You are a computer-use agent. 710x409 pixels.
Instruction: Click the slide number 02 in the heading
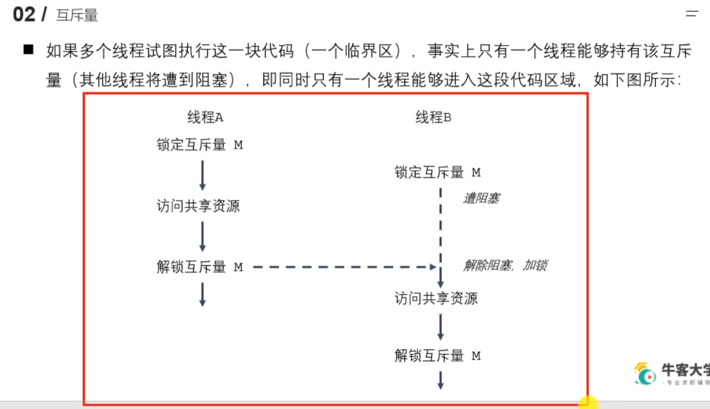pos(24,14)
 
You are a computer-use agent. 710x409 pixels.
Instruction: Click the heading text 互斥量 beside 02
pos(77,16)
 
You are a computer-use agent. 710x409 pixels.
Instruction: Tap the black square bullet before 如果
pos(28,49)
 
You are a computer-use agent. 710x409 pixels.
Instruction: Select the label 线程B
pos(434,117)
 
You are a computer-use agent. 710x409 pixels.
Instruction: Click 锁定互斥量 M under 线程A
pos(199,145)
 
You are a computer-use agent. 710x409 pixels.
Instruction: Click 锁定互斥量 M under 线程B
pos(437,173)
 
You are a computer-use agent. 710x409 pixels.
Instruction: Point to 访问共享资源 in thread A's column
pos(198,206)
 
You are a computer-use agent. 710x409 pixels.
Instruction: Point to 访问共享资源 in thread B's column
pos(436,299)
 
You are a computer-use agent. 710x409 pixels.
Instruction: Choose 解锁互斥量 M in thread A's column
pos(199,267)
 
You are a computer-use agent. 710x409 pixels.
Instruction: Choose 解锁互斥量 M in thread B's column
pos(437,356)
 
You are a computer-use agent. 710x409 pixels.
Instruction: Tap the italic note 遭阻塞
pos(481,199)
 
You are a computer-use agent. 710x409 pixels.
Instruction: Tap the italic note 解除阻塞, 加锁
pos(505,266)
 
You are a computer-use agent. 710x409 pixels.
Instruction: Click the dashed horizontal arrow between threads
pos(344,267)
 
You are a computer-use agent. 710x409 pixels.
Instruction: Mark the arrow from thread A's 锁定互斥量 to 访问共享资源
pos(203,176)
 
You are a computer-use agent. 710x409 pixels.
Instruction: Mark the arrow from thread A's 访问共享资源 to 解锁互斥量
pos(203,236)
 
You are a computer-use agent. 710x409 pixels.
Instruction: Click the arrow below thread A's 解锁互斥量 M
pos(203,294)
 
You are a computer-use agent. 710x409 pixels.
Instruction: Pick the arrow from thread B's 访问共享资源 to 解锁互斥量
pos(440,326)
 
